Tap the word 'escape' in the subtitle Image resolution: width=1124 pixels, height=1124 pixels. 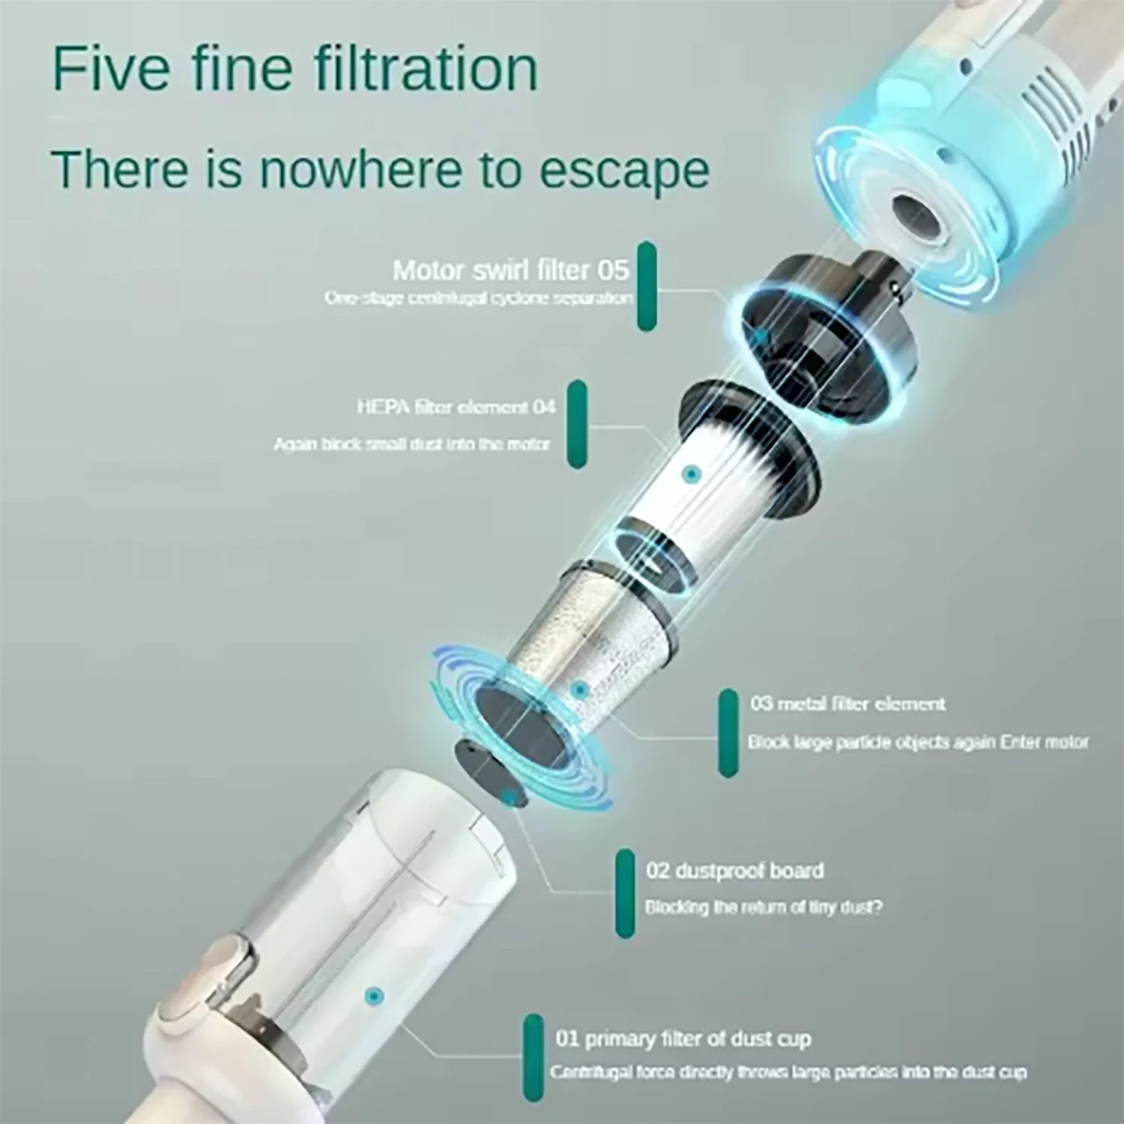tap(624, 170)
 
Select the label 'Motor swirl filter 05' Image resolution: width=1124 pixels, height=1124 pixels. tap(510, 270)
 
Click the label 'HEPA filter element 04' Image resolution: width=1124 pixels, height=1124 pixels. tap(456, 407)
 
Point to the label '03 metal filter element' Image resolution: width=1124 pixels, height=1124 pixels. tap(847, 704)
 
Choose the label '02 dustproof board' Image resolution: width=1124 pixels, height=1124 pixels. tap(734, 871)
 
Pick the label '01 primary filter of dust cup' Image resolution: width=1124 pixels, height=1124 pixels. tap(683, 1039)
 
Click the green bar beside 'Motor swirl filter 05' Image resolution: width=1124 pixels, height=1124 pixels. tap(646, 286)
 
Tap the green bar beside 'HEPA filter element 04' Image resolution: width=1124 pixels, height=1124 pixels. tap(576, 424)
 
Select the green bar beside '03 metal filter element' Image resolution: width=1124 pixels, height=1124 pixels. tap(728, 733)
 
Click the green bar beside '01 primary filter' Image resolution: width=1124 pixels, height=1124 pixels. tap(533, 1058)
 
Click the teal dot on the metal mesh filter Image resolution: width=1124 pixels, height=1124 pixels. tap(578, 689)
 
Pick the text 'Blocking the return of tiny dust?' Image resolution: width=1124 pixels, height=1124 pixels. tap(764, 907)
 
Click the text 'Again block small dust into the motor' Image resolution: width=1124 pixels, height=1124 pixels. tap(411, 444)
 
